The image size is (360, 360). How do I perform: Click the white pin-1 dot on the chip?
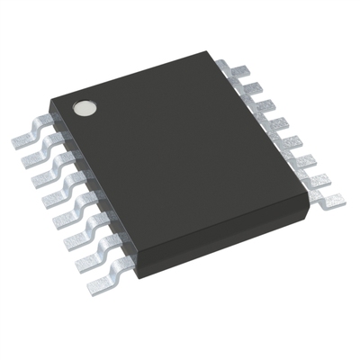[x=86, y=108]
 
